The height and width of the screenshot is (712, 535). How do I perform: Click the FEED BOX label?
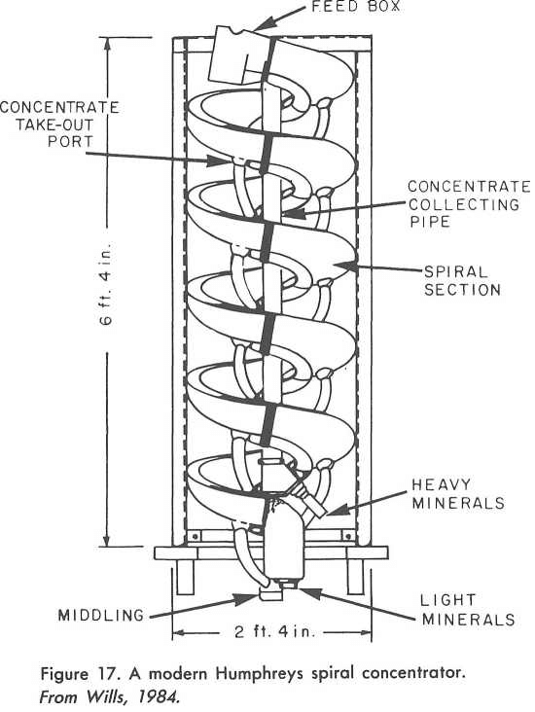tap(356, 7)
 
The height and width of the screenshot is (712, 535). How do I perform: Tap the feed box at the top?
tap(237, 54)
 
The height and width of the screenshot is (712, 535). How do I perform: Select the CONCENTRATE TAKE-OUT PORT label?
tap(59, 125)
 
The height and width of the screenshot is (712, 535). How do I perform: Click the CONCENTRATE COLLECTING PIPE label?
tap(469, 204)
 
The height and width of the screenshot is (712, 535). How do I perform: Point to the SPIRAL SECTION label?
tap(462, 281)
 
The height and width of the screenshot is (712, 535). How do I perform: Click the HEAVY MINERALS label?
tap(458, 493)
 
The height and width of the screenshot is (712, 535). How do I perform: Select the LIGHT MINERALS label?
tap(468, 610)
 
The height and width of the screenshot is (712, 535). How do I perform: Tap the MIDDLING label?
tap(101, 616)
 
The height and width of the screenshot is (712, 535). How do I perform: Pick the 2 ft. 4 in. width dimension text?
tap(274, 631)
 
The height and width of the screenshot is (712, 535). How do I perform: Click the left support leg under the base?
tap(185, 577)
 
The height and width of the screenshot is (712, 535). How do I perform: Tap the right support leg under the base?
tap(355, 577)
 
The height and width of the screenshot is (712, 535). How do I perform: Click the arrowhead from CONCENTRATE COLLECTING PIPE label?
tap(290, 213)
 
